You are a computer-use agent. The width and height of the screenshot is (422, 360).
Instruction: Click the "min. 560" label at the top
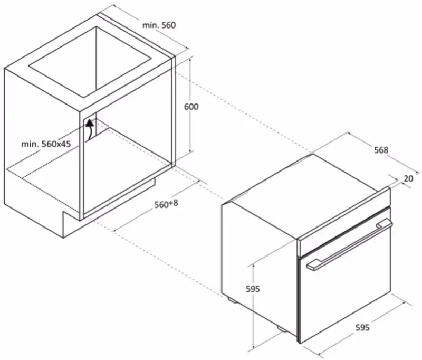tap(159, 25)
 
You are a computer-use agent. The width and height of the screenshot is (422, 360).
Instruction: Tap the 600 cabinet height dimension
tap(191, 107)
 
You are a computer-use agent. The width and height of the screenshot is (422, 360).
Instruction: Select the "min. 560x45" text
tap(46, 144)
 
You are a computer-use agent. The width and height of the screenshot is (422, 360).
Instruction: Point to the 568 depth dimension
tap(381, 150)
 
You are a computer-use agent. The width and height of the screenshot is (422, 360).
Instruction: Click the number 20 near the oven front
tap(408, 178)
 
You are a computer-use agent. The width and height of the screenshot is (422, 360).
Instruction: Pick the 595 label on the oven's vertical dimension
tap(253, 289)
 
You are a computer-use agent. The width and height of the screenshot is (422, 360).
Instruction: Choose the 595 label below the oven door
tap(362, 327)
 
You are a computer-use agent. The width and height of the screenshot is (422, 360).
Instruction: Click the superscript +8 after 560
tap(174, 203)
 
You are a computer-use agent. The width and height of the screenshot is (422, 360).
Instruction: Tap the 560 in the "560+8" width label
tap(161, 205)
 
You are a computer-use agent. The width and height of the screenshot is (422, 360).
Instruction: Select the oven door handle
tap(349, 244)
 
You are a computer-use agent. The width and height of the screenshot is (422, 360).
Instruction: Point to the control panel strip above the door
tap(344, 221)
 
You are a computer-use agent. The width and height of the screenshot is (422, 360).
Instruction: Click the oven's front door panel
tap(344, 275)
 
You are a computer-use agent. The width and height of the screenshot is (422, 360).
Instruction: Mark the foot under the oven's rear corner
tap(232, 300)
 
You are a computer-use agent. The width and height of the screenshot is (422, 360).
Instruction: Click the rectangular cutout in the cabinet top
tap(89, 62)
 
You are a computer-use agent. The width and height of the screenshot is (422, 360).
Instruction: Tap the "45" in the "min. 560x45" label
tap(65, 144)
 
